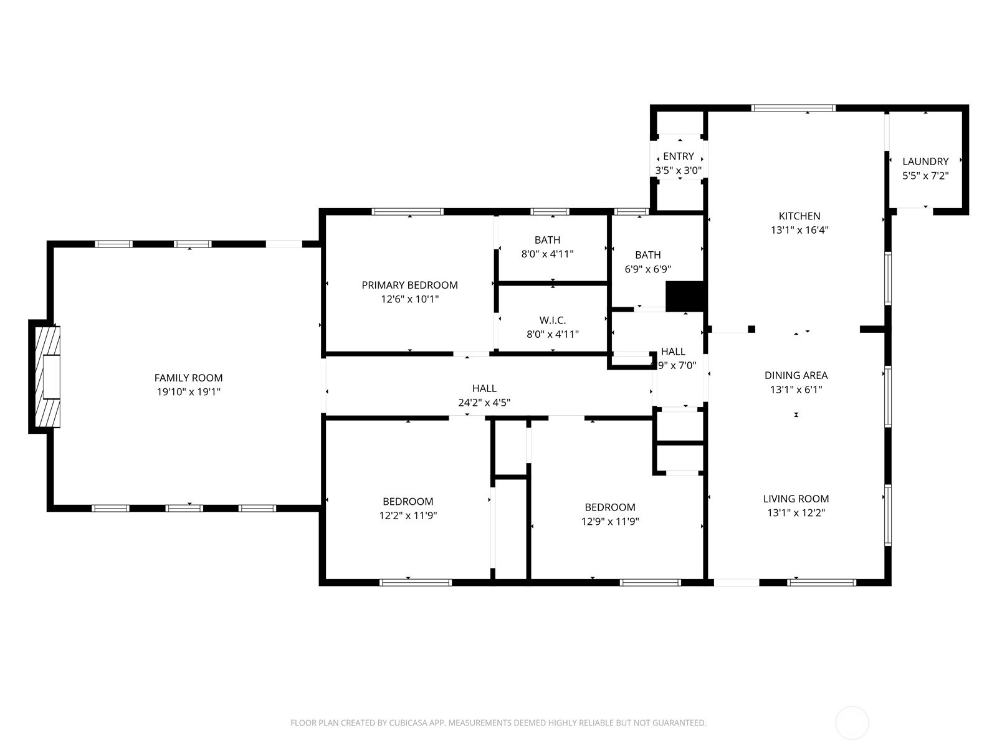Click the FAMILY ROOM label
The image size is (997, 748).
pos(188,378)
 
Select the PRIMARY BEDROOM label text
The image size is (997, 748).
pos(409,285)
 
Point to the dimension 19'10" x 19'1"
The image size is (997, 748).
pos(188,392)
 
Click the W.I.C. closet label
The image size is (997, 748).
pos(552,320)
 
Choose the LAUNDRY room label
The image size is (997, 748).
pos(925,161)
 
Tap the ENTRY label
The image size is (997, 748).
pos(678,156)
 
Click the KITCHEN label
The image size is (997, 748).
pos(799,216)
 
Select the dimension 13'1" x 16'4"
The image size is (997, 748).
pos(799,230)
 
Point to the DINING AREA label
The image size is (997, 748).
pos(796,375)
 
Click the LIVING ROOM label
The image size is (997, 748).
pos(796,499)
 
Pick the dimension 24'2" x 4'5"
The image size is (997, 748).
pos(484,403)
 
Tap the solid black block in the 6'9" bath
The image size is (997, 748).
pos(684,297)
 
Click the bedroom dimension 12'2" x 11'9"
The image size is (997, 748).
pos(408,515)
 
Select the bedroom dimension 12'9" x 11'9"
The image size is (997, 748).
pos(609,522)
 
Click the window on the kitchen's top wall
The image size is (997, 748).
pos(793,108)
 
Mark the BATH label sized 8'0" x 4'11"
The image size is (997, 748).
pos(547,240)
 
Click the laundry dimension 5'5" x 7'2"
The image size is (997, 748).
pos(925,176)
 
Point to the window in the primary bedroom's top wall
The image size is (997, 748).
pos(408,212)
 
